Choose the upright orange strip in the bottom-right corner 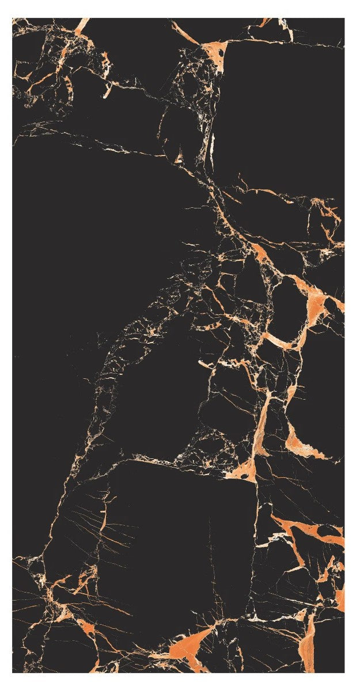coord(310,639)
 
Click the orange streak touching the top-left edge coord(81,26)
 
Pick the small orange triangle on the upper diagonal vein coord(179,157)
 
